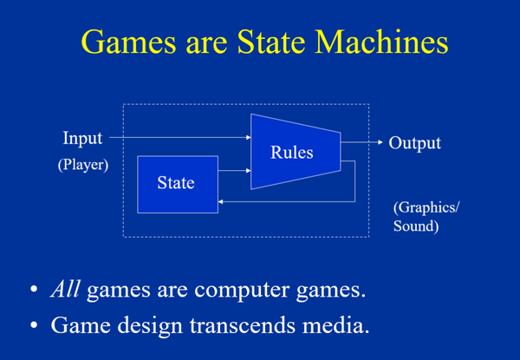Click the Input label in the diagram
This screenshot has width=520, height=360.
click(82, 138)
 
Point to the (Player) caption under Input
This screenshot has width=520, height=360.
click(83, 164)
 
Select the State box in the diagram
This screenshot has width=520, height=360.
click(178, 184)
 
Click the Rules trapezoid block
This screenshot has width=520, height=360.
click(292, 152)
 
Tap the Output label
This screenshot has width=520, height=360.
click(414, 143)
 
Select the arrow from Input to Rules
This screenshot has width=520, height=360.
click(178, 137)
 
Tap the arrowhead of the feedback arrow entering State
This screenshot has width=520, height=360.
click(222, 200)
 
